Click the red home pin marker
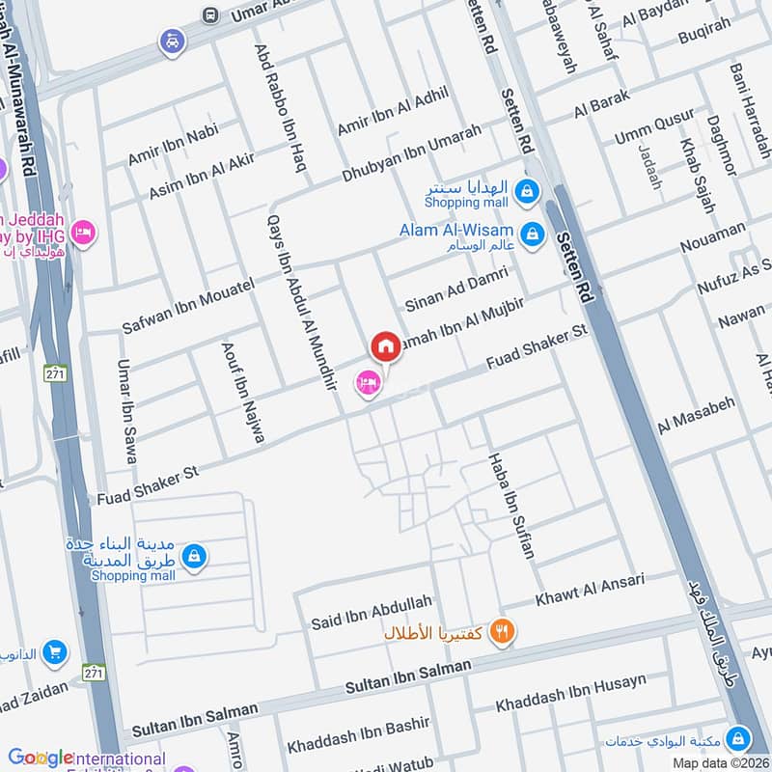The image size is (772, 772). (x=385, y=346)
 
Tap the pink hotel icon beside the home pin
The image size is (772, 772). (x=368, y=383)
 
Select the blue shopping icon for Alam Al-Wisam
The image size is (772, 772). (x=531, y=233)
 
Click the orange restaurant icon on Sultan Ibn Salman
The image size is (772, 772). (x=502, y=632)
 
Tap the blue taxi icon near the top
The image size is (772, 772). (x=172, y=41)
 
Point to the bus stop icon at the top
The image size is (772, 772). (x=210, y=15)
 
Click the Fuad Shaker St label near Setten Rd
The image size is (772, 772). (x=537, y=344)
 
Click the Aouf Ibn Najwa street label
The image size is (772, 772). (x=243, y=392)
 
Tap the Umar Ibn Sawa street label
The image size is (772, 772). (x=126, y=411)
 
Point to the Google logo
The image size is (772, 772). (x=41, y=758)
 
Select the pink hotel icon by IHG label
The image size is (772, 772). (x=84, y=233)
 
